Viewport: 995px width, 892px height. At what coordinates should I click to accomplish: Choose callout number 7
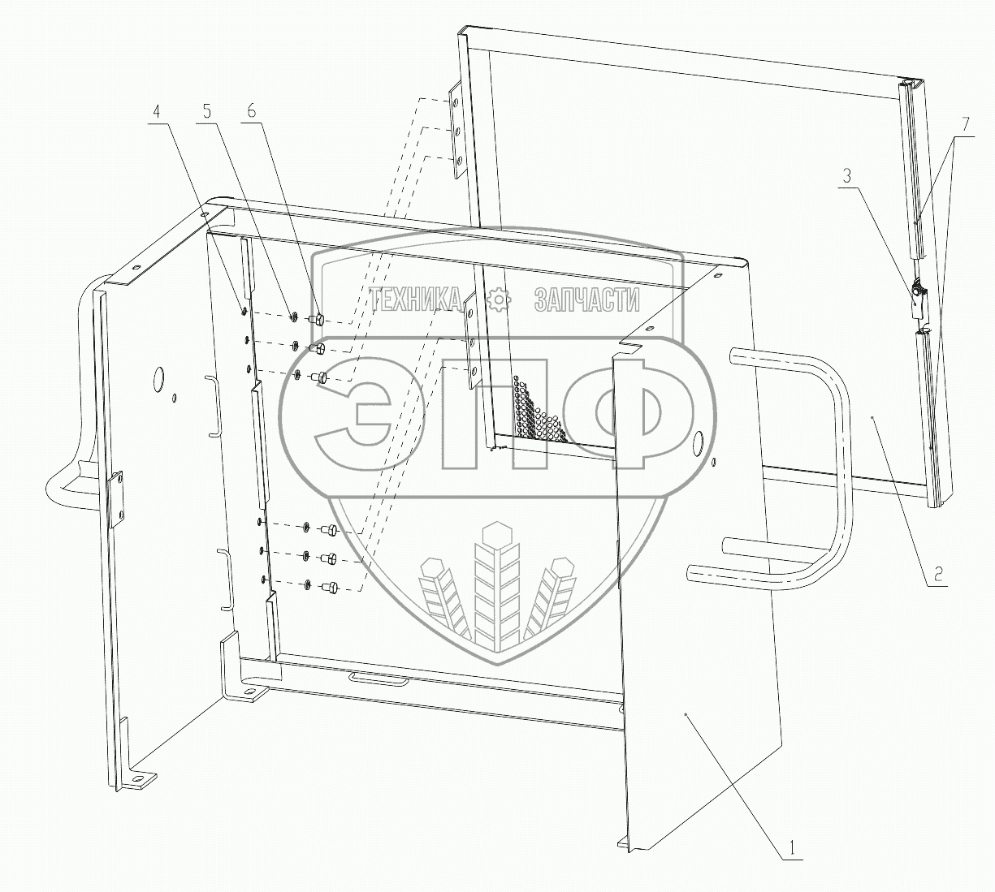[966, 124]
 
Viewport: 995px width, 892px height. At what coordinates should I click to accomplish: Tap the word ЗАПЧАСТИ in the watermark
[586, 300]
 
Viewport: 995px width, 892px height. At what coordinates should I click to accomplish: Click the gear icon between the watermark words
[498, 299]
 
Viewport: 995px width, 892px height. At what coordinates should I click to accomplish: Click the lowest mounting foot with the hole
[143, 780]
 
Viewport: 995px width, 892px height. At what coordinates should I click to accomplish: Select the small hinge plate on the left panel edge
[115, 500]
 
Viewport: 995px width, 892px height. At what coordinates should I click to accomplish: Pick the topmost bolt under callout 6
[318, 319]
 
